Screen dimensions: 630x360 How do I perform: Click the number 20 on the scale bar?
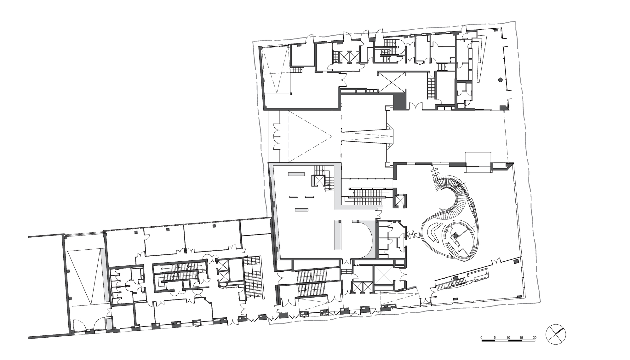[x=535, y=338]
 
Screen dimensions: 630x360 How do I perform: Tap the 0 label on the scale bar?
[x=481, y=338]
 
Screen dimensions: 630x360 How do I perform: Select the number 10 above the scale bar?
[x=508, y=338]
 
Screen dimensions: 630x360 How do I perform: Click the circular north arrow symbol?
[x=556, y=334]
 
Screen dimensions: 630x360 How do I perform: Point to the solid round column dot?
[x=500, y=80]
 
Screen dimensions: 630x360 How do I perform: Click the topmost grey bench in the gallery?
[x=296, y=174]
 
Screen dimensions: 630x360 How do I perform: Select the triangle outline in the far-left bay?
[x=85, y=277]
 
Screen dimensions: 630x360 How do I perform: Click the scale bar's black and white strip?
[x=508, y=341]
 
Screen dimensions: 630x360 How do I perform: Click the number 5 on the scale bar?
[x=495, y=338]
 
